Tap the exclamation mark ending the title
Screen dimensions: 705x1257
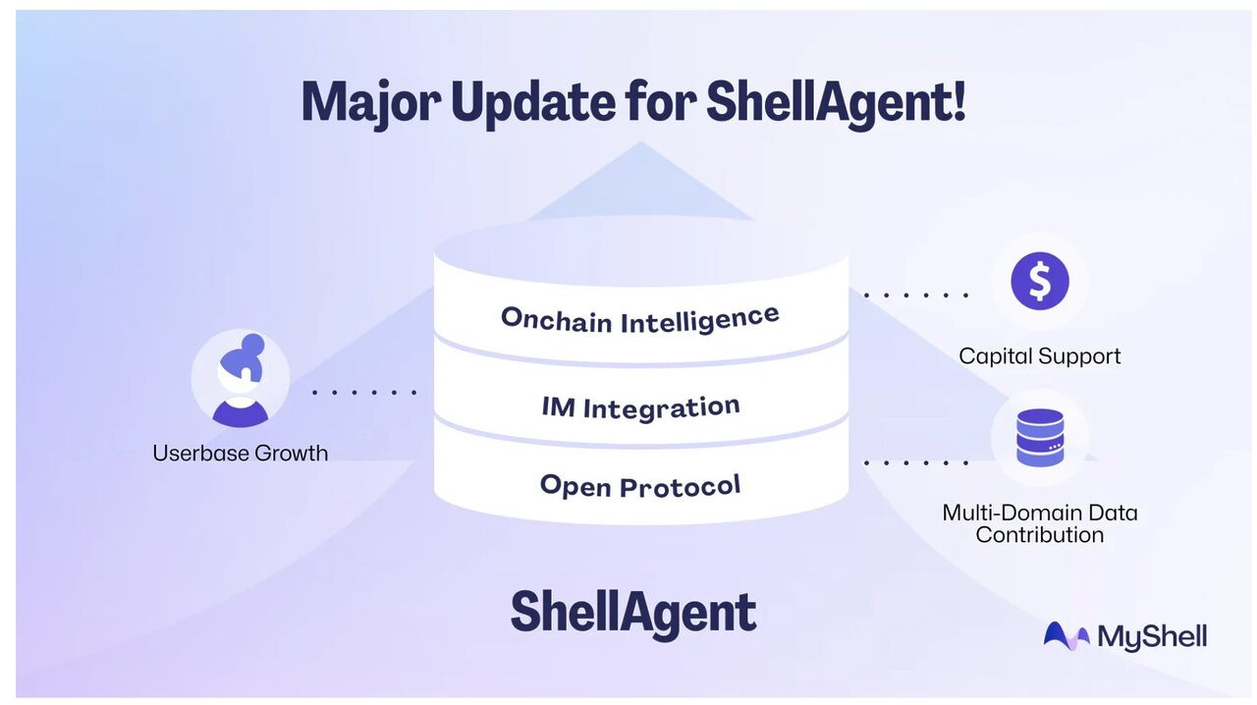[957, 100]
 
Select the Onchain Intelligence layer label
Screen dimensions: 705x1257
[640, 318]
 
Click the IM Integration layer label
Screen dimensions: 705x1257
[640, 407]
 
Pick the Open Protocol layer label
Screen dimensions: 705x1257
[640, 485]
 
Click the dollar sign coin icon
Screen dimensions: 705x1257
[1039, 281]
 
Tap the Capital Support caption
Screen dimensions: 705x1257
[1039, 356]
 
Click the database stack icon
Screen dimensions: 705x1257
[1040, 438]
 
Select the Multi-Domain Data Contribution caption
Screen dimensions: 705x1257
[1039, 523]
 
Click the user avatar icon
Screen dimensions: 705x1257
[241, 380]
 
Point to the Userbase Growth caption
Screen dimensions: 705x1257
[241, 453]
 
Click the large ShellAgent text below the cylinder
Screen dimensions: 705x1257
[633, 613]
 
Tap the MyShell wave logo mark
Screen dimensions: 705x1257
[1066, 636]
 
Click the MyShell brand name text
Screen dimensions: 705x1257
[1152, 637]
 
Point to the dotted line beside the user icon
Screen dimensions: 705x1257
[364, 392]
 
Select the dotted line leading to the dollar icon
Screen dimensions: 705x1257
[915, 295]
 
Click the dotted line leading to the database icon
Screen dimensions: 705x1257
[915, 461]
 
